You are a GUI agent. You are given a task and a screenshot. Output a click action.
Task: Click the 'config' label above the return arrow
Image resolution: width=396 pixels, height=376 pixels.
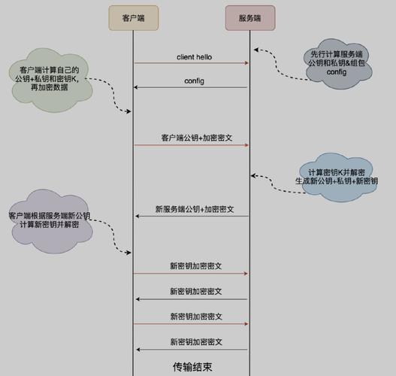click(x=194, y=80)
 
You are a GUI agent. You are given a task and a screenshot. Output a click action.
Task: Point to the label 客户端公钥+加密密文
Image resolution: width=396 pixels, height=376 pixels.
click(x=192, y=138)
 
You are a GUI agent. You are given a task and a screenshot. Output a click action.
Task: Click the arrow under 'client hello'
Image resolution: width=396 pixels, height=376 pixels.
click(x=192, y=64)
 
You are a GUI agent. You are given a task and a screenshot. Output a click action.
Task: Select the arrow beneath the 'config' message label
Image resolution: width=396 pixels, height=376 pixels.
click(x=192, y=88)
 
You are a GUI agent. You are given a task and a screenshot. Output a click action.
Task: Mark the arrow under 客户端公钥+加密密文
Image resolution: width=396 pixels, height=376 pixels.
click(x=192, y=146)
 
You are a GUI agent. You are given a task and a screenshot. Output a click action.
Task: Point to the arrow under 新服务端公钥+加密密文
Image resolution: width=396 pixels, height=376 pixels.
click(x=192, y=217)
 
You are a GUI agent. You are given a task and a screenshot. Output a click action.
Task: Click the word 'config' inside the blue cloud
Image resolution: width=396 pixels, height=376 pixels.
click(x=336, y=74)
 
